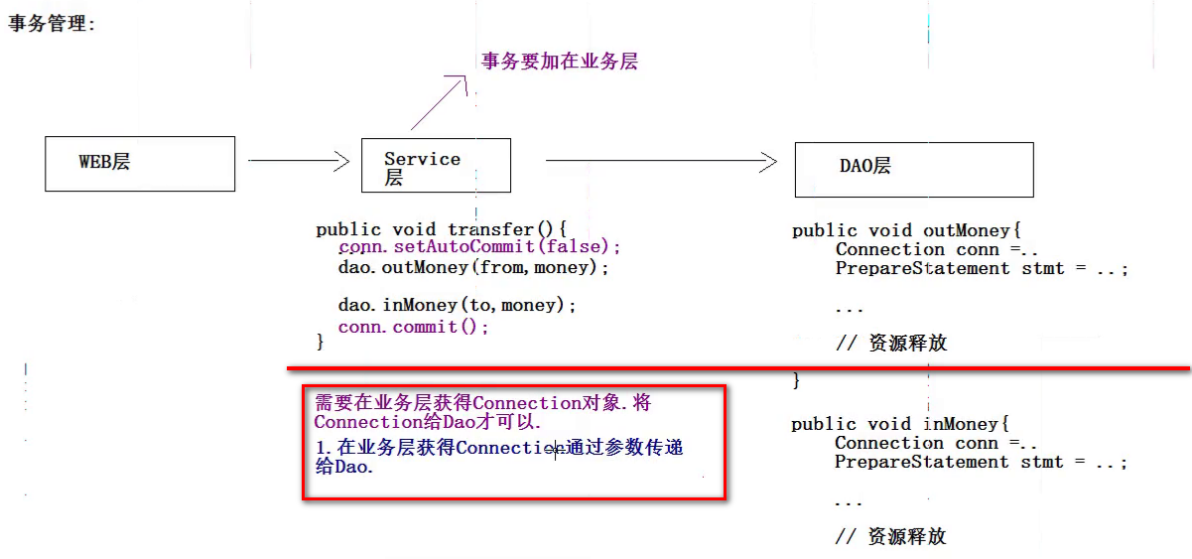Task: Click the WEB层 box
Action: point(140,164)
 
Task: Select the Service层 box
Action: point(435,165)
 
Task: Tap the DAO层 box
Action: point(913,169)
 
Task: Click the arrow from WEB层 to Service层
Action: point(298,160)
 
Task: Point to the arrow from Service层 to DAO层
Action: point(660,160)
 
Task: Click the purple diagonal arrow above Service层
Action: point(439,102)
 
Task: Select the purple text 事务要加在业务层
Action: point(559,62)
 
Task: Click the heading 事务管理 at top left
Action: point(52,23)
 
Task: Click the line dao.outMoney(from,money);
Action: point(473,267)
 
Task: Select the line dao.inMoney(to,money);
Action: point(457,306)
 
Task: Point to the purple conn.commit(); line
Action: point(414,327)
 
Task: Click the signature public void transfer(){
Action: point(441,229)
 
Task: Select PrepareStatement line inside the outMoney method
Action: point(981,268)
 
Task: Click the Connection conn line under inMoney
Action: point(936,443)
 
